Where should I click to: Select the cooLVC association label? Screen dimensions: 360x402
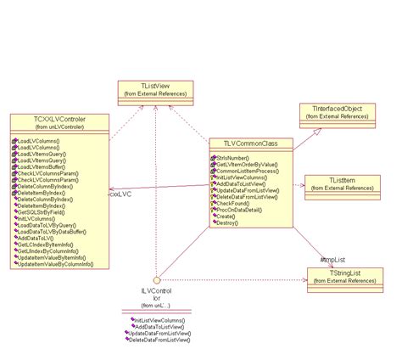(120, 194)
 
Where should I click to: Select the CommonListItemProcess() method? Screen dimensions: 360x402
(254, 172)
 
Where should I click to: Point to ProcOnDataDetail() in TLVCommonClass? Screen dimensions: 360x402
(248, 209)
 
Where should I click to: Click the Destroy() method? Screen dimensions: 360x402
(233, 223)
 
